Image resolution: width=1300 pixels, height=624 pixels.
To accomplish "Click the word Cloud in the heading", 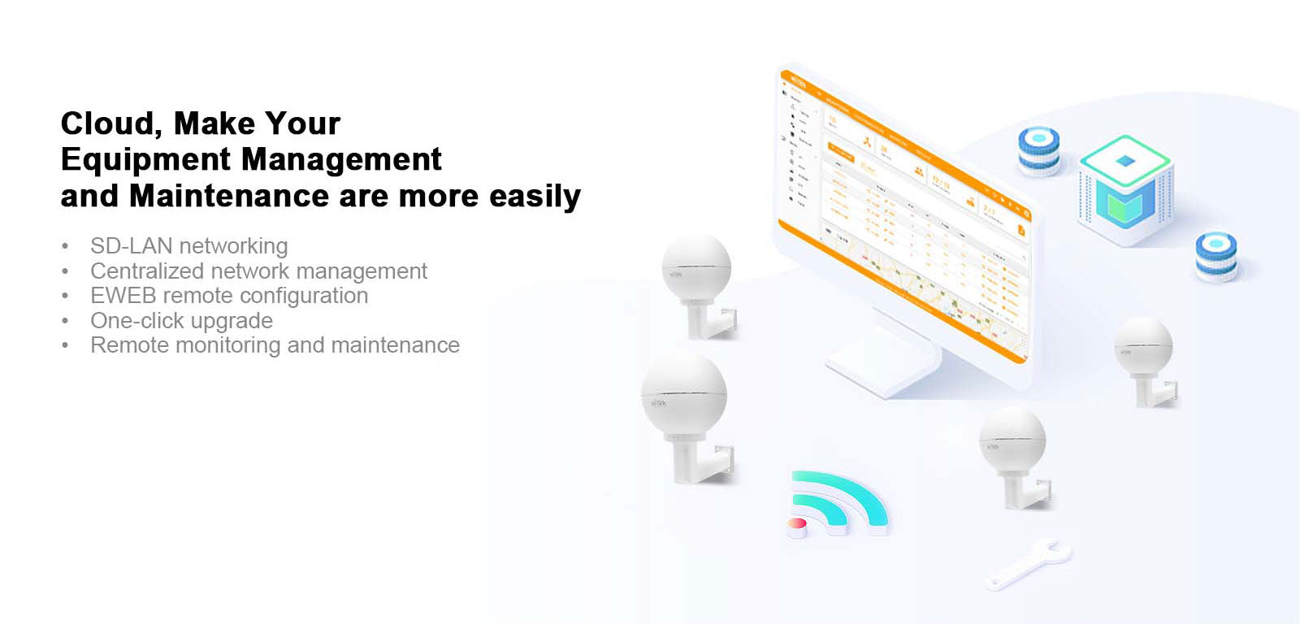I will [x=105, y=123].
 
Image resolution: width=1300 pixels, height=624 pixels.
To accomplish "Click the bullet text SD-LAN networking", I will [x=188, y=245].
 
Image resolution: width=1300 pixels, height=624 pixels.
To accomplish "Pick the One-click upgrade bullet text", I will [x=181, y=320].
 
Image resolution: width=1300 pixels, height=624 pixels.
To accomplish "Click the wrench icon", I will [x=1027, y=563].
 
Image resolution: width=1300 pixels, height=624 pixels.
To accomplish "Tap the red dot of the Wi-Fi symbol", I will [x=798, y=525].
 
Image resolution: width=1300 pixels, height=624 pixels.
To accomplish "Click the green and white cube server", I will [x=1125, y=188].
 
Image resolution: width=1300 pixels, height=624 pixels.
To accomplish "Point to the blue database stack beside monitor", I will [x=1039, y=151].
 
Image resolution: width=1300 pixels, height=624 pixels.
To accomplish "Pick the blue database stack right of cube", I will [x=1216, y=256].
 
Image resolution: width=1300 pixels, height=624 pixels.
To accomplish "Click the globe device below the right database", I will [x=1143, y=349].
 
